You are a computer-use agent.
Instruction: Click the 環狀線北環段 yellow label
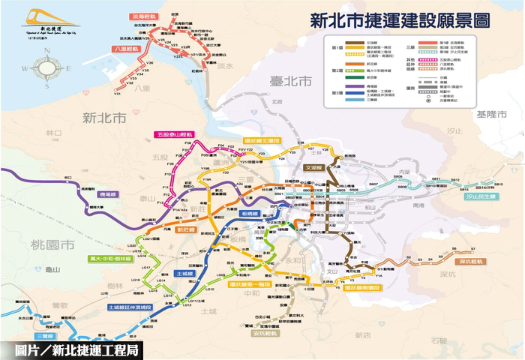[262, 139]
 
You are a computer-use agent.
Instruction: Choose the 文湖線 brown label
[314, 168]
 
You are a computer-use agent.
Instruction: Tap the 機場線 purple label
[109, 194]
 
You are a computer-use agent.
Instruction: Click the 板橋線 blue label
[250, 214]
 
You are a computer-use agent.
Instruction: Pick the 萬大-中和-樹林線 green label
[110, 258]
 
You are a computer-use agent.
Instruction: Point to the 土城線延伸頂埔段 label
[130, 307]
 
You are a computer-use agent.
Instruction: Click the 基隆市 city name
[491, 114]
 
